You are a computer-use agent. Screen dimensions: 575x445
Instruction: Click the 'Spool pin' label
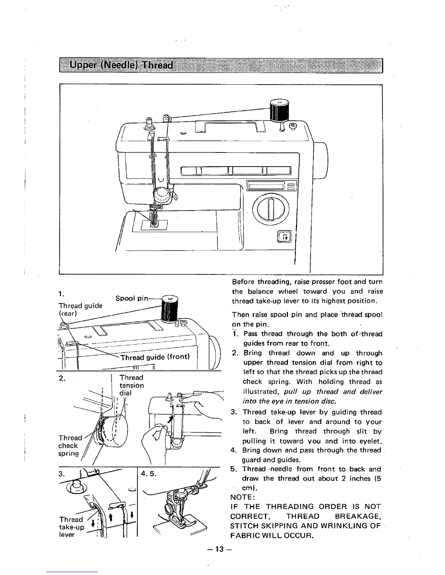pos(131,298)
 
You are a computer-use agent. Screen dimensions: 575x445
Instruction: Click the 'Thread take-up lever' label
pos(72,527)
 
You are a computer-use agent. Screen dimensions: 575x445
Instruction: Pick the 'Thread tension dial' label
pos(132,385)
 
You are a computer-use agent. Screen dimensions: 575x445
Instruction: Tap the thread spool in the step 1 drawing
pos(169,309)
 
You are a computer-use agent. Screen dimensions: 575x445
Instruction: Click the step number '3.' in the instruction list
pos(234,412)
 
